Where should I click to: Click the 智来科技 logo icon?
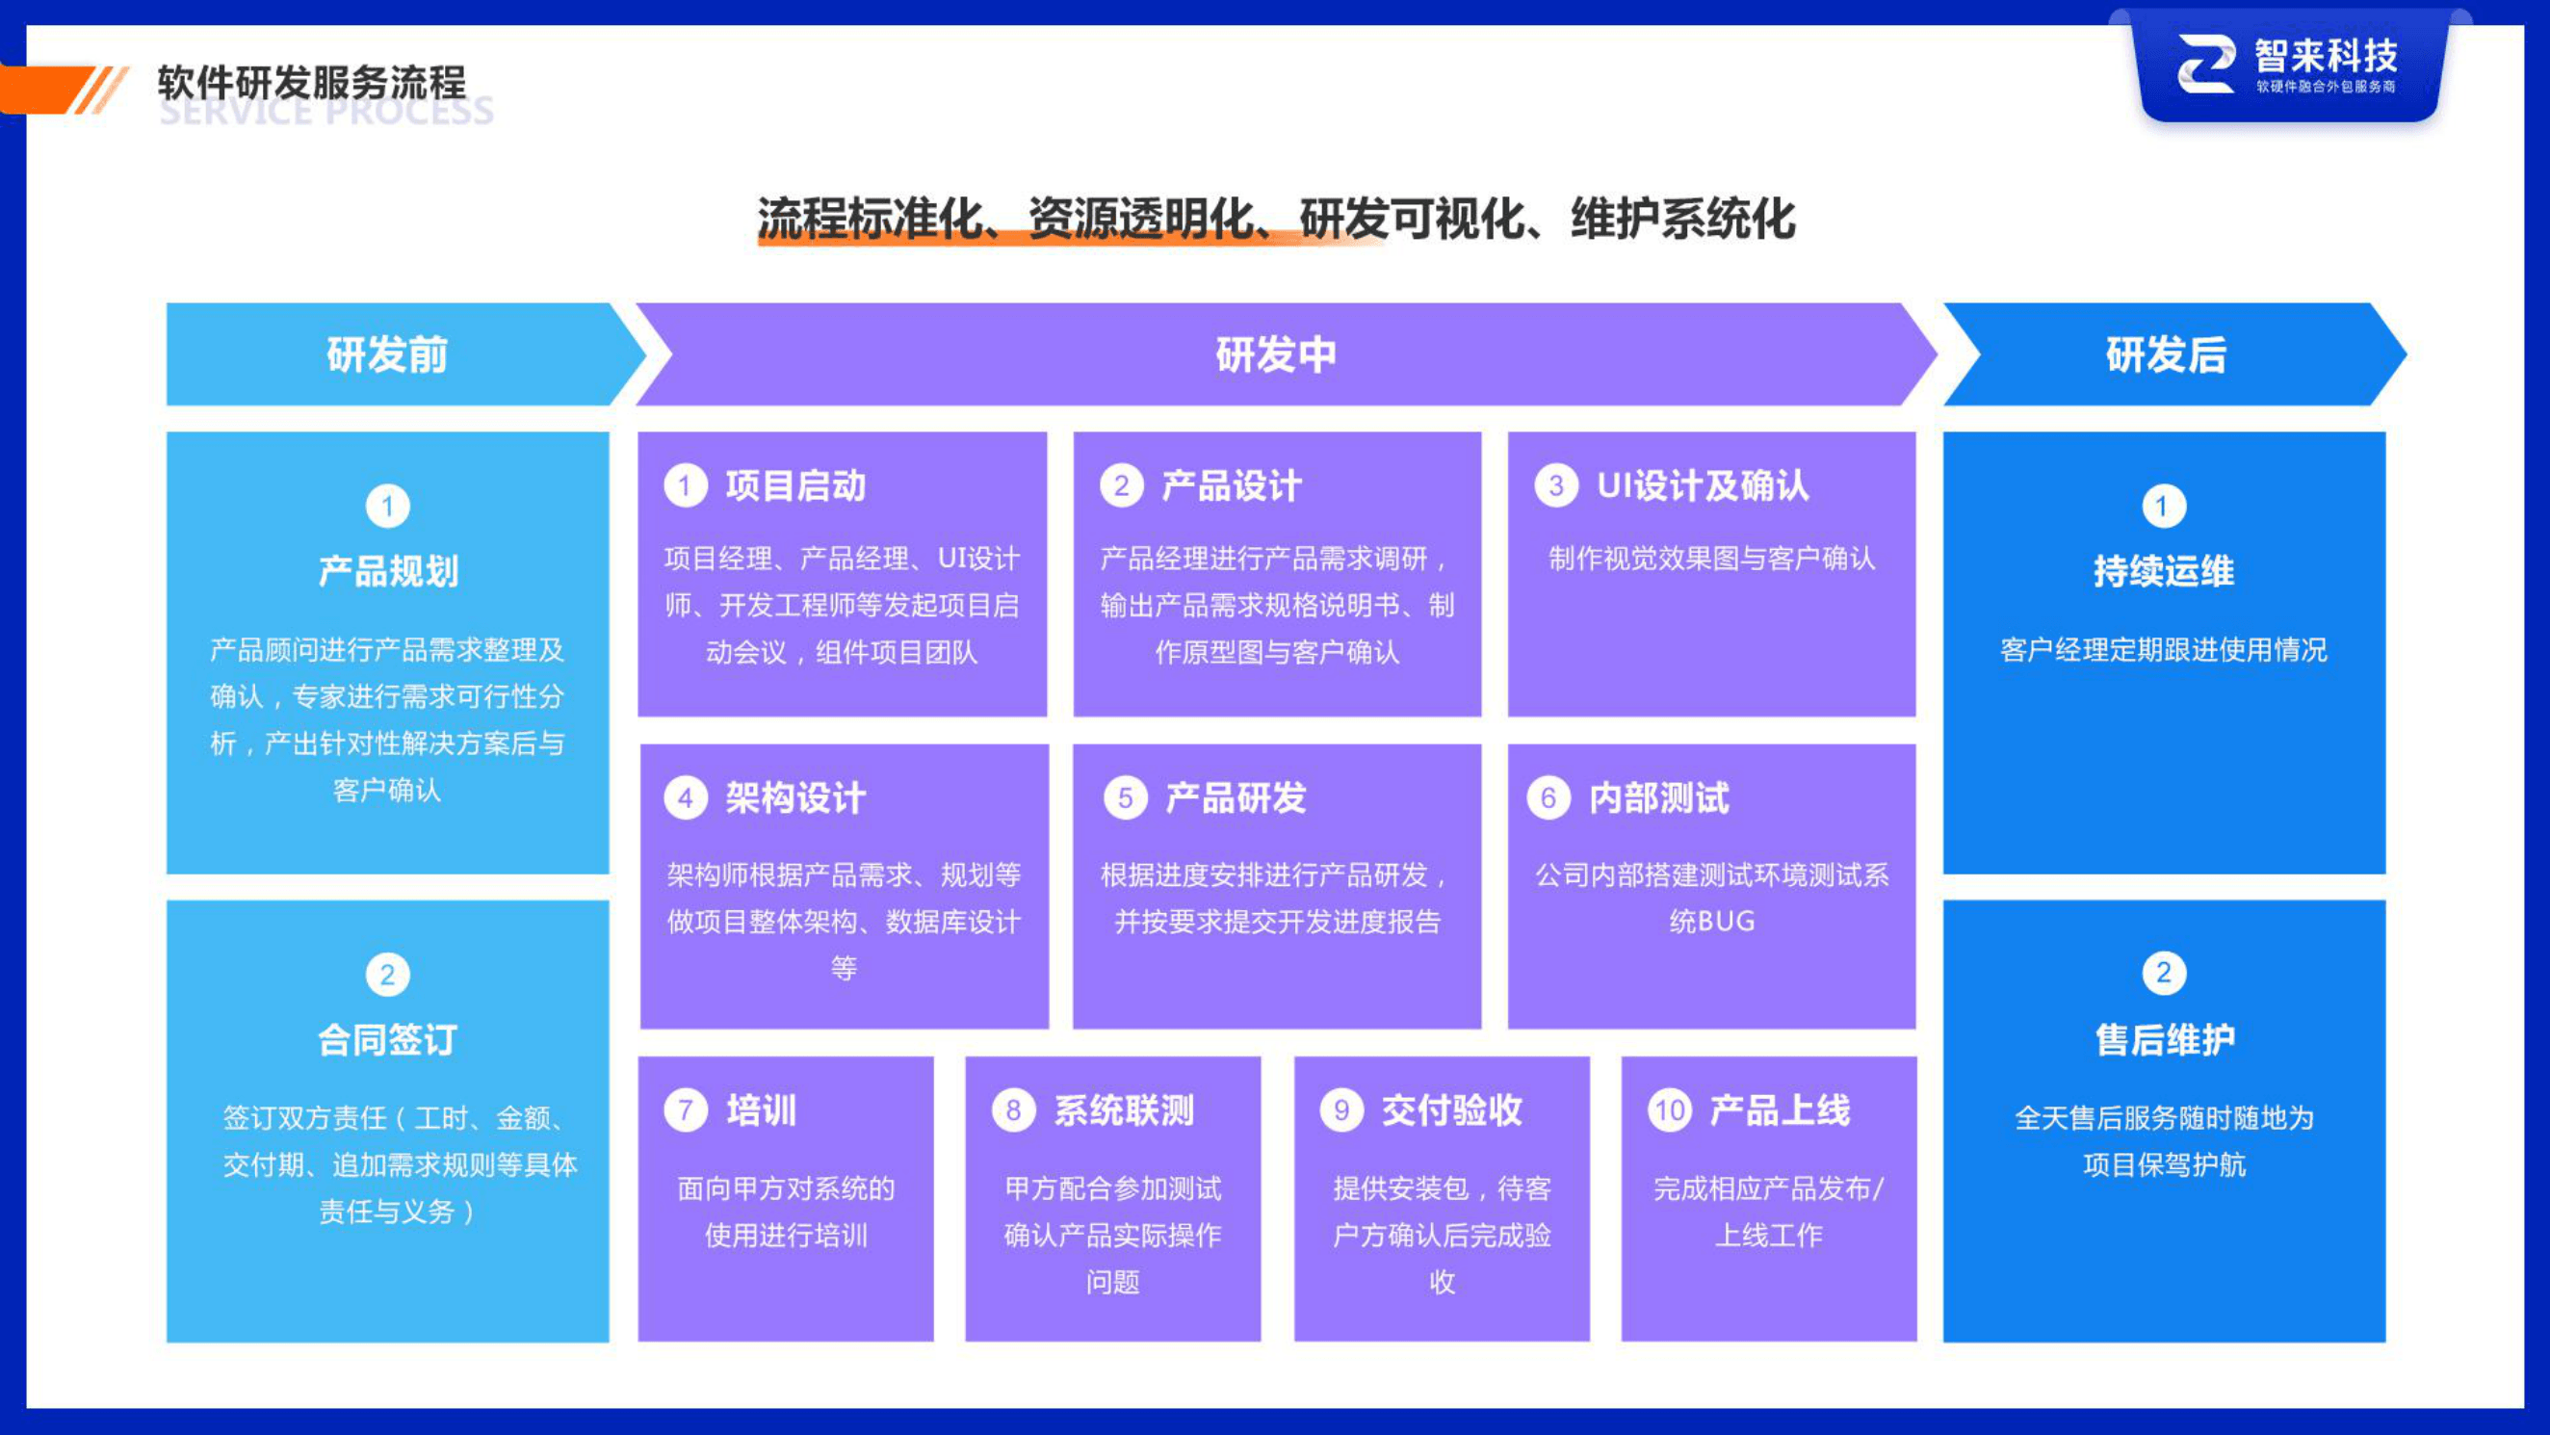(x=2205, y=65)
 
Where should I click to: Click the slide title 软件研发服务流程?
(x=311, y=82)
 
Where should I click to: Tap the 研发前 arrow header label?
(x=387, y=354)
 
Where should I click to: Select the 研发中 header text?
(x=1275, y=354)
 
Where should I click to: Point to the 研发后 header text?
(x=2165, y=354)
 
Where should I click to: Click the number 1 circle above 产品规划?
(x=387, y=507)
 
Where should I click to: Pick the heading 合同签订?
(x=387, y=1040)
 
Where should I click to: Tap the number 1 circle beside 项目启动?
(x=685, y=486)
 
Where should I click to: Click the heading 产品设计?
(x=1231, y=486)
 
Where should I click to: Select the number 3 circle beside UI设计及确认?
(x=1555, y=486)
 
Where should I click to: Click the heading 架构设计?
(x=794, y=798)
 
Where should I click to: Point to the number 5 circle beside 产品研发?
(x=1125, y=798)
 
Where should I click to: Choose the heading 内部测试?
(x=1659, y=798)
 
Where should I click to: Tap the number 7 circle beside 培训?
(x=685, y=1110)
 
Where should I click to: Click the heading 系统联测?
(x=1124, y=1110)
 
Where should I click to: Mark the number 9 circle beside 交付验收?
(x=1341, y=1110)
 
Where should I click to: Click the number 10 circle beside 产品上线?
(x=1669, y=1110)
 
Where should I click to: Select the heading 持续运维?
(x=2164, y=571)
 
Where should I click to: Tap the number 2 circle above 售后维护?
(x=2164, y=974)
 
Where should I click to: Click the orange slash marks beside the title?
(x=99, y=91)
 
